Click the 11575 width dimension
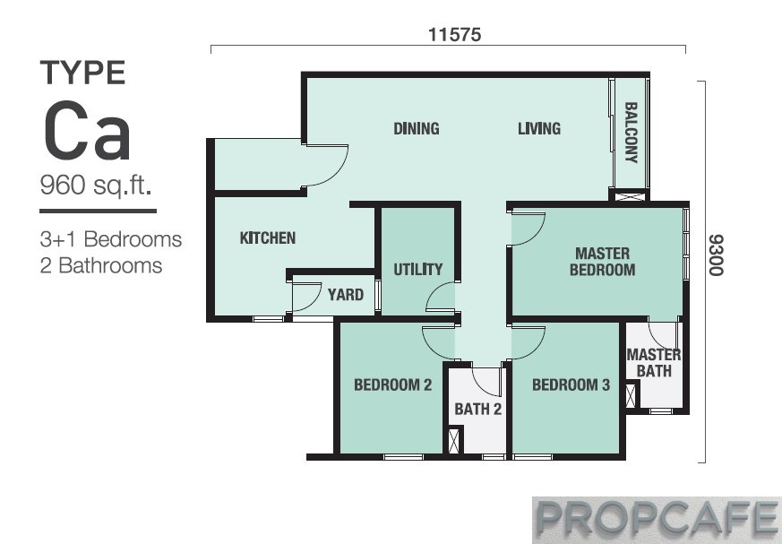click(454, 34)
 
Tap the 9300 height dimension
click(716, 255)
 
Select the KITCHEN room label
click(267, 237)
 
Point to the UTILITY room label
click(418, 270)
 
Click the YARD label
click(345, 295)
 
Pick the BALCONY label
click(631, 133)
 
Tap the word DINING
click(417, 128)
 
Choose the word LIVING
click(539, 128)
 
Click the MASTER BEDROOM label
click(603, 262)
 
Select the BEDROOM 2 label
click(393, 384)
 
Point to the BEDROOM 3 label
click(571, 384)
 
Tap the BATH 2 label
click(477, 410)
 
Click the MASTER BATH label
click(654, 363)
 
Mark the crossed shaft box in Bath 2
click(454, 441)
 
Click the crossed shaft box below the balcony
click(630, 196)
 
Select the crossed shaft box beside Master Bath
click(631, 395)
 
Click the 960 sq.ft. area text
click(96, 186)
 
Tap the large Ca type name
click(87, 131)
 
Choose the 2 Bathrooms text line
click(100, 265)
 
